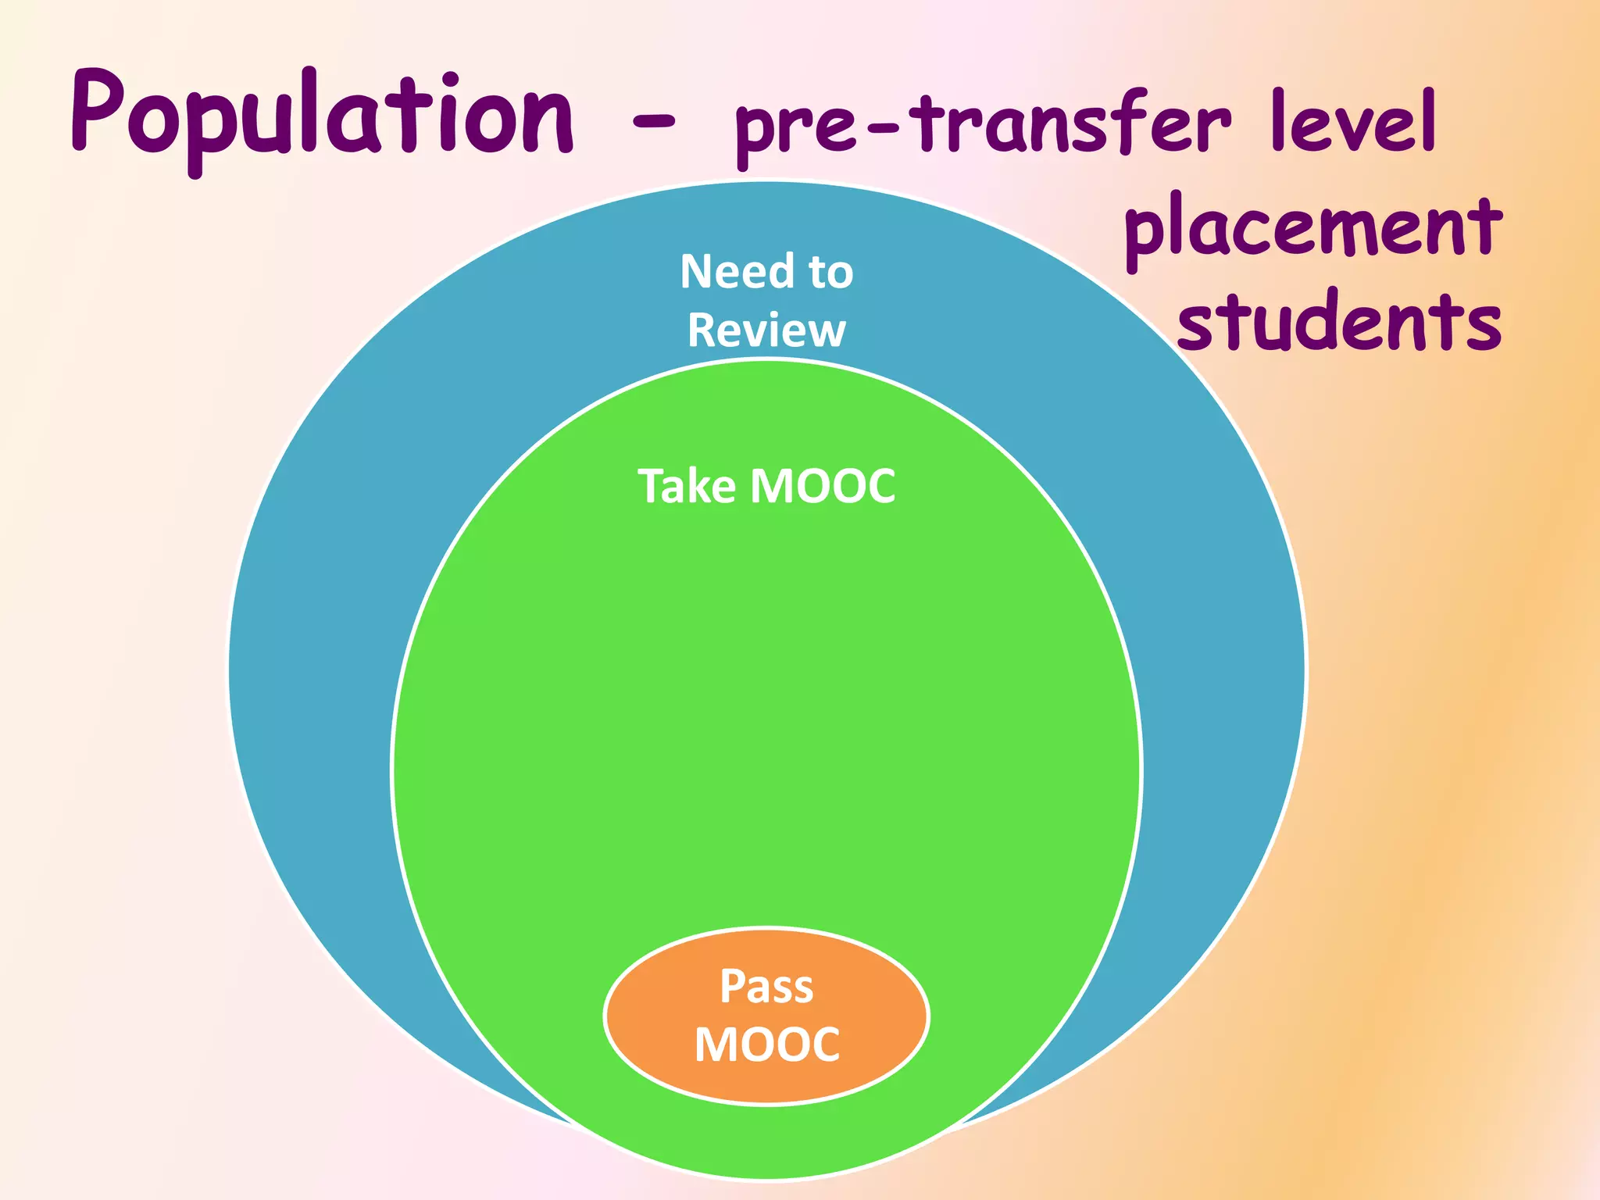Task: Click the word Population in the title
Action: point(322,117)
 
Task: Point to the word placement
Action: point(1312,230)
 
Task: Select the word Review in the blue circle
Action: point(766,330)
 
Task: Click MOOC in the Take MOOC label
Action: point(823,486)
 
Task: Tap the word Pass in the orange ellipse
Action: point(766,986)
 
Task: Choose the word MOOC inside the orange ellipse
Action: point(766,1045)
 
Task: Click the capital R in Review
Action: point(702,330)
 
